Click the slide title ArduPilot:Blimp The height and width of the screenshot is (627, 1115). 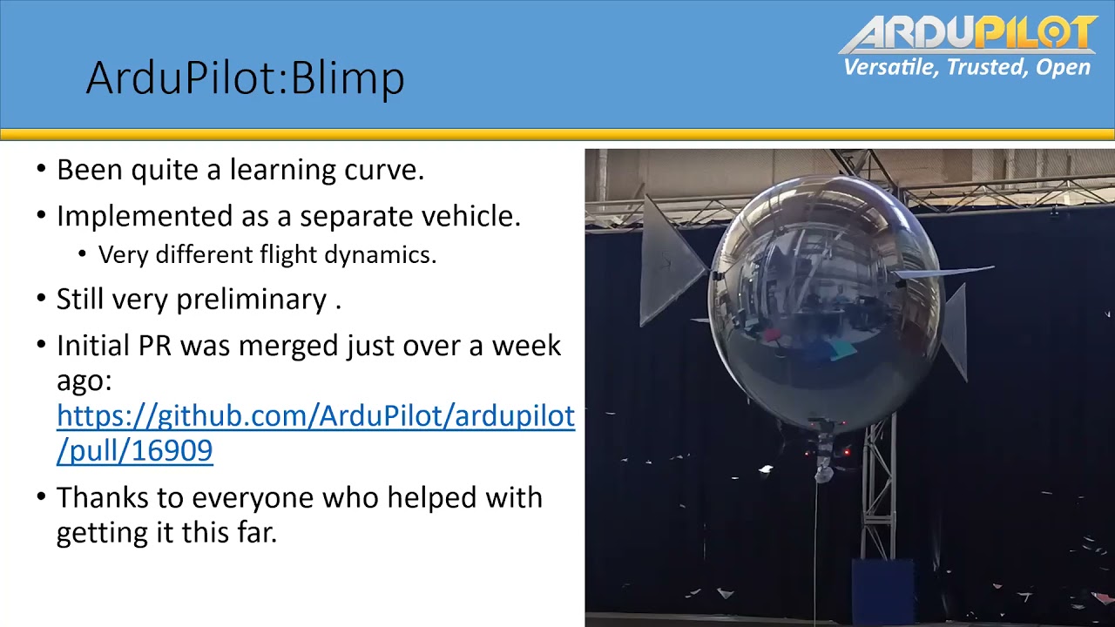245,78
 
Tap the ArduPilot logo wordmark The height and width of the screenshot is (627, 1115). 968,33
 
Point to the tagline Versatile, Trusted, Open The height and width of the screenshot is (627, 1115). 967,67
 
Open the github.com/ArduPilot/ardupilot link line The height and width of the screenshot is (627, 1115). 315,415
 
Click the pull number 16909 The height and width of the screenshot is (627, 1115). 172,450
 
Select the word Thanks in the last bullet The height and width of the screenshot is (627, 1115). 103,497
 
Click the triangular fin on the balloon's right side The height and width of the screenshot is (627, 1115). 955,334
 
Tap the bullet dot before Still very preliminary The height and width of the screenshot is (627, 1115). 41,298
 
